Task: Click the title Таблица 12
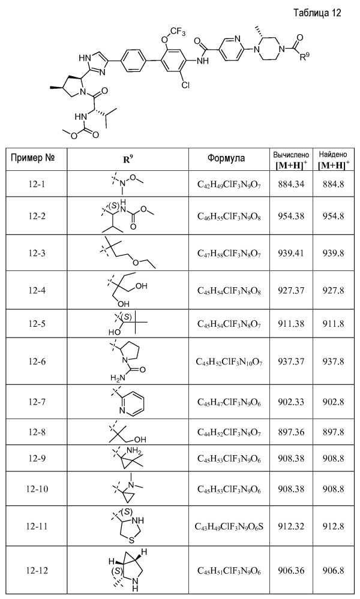pos(317,13)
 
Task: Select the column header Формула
pos(226,158)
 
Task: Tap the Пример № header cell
pos(33,158)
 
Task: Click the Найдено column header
pos(333,154)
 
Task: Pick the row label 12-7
pos(37,402)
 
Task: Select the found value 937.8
pos(333,361)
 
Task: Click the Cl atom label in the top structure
pos(185,85)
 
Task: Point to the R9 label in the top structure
pos(305,58)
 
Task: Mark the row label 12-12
pos(37,570)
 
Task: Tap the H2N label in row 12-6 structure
pos(115,378)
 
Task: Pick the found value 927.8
pos(333,290)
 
